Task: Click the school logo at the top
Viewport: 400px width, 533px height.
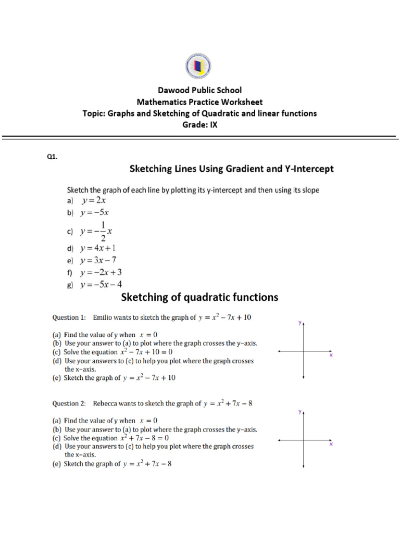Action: pyautogui.click(x=198, y=67)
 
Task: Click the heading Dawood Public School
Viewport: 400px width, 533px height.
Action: pyautogui.click(x=199, y=90)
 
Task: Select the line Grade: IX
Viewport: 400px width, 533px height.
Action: pyautogui.click(x=199, y=125)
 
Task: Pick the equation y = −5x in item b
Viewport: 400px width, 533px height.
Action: pyautogui.click(x=95, y=212)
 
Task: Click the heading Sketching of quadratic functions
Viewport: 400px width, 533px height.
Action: pyautogui.click(x=199, y=297)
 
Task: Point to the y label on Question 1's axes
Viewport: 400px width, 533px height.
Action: pyautogui.click(x=300, y=323)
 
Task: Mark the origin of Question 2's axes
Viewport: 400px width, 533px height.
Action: pyautogui.click(x=304, y=440)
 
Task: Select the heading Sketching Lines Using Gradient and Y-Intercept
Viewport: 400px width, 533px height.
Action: pyautogui.click(x=231, y=169)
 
